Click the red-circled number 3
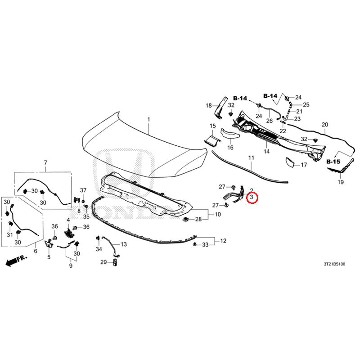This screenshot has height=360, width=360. (252, 197)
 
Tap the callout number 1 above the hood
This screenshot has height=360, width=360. (148, 119)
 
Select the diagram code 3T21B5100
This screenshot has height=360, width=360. (334, 264)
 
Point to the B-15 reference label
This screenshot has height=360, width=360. (333, 162)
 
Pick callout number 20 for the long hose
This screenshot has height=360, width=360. (325, 125)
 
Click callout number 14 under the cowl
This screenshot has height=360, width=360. (266, 151)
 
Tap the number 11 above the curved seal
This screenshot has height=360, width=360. (251, 158)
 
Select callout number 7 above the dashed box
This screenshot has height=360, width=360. (45, 162)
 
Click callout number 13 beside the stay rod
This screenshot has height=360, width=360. (123, 244)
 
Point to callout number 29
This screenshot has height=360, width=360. (103, 262)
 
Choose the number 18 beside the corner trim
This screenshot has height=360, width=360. (208, 106)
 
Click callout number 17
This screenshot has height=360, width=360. (304, 165)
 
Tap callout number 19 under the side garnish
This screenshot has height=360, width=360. (341, 182)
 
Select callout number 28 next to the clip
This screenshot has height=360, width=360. (198, 219)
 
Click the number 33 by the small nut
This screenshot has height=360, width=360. (205, 245)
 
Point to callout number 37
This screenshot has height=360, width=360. (83, 190)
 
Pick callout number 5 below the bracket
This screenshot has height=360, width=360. (49, 256)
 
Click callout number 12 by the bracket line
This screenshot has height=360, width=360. (223, 241)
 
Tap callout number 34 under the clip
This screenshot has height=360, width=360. (99, 249)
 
